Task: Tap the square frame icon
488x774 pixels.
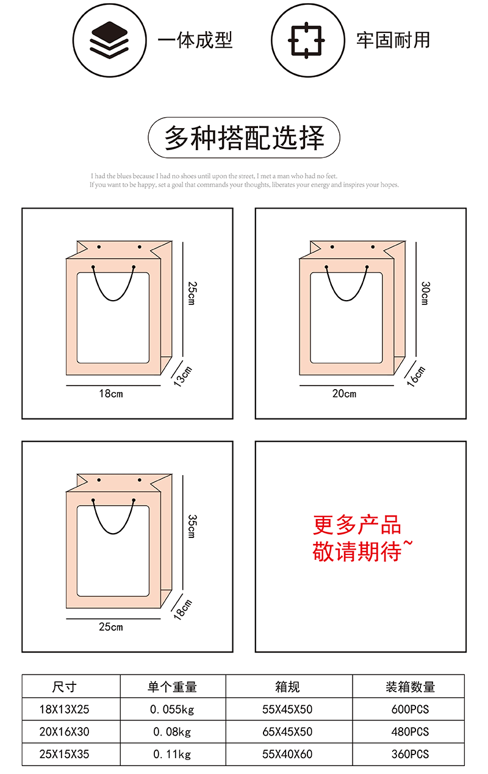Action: [305, 40]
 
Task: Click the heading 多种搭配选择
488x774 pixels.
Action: [244, 138]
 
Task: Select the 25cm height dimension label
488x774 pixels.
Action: [192, 293]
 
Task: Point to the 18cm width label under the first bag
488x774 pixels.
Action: [111, 394]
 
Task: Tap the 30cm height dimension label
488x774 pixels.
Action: [425, 293]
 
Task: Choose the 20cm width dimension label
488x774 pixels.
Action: [344, 394]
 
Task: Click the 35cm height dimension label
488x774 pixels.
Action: [192, 526]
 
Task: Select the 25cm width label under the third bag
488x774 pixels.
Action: [111, 627]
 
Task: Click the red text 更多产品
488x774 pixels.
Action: [357, 525]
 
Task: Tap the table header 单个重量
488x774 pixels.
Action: [173, 687]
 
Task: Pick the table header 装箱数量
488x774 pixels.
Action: [410, 687]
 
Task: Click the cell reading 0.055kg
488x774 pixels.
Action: [173, 709]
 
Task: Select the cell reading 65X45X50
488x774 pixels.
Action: [287, 732]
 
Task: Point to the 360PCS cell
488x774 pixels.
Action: [410, 754]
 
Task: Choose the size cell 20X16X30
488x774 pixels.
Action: [64, 732]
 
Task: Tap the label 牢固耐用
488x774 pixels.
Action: [393, 40]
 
